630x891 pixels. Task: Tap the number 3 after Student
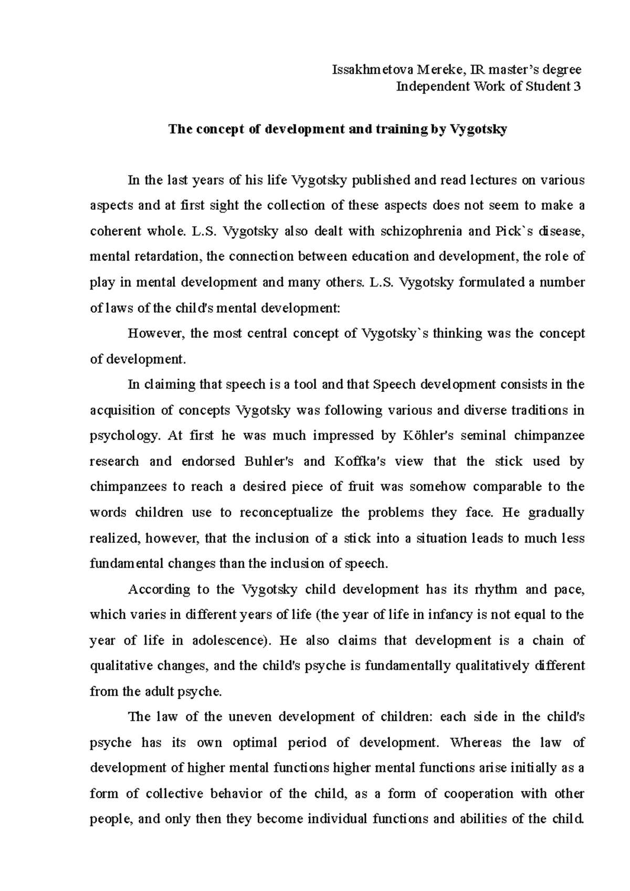click(577, 87)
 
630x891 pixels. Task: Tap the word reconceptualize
click(286, 513)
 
